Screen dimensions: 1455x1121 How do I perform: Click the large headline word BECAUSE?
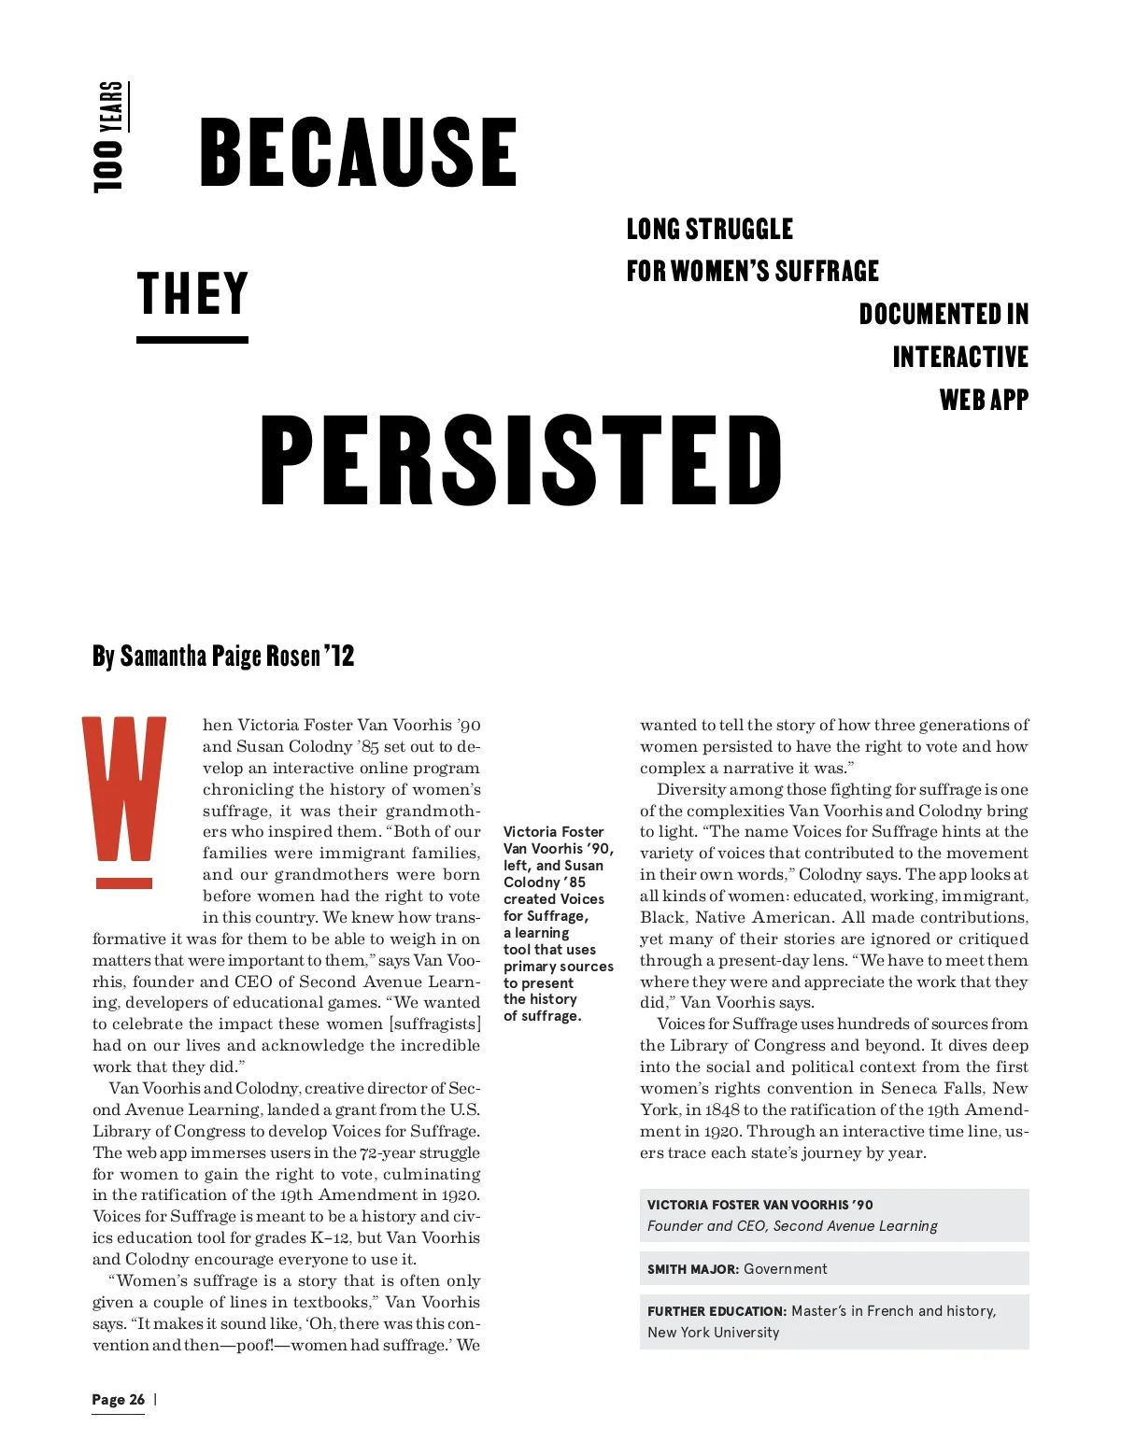click(x=358, y=151)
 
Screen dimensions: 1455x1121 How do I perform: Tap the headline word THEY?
click(x=192, y=294)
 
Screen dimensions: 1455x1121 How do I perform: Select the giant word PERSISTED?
click(x=521, y=461)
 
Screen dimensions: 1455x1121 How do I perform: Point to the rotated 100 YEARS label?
click(x=110, y=136)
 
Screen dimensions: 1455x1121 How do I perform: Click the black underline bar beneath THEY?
click(x=192, y=340)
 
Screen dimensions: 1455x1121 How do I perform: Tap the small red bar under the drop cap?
click(x=124, y=883)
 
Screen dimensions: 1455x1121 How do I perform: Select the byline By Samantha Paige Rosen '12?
click(x=223, y=657)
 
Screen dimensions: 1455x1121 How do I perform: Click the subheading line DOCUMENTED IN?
click(x=944, y=315)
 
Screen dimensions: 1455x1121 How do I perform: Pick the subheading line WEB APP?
click(x=984, y=401)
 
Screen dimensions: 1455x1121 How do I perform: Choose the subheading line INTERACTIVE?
click(x=960, y=358)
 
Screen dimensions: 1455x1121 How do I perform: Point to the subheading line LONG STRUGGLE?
click(x=709, y=230)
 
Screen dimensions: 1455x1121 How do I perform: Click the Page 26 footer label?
click(x=119, y=1399)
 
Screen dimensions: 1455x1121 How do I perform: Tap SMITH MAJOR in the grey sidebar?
click(x=693, y=1269)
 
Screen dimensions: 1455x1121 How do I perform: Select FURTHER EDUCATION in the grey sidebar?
click(x=717, y=1311)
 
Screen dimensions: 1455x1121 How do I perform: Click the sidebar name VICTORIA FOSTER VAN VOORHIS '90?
click(x=759, y=1205)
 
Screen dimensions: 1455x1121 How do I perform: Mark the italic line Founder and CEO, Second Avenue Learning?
click(x=792, y=1226)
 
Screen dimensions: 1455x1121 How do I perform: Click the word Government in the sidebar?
click(x=785, y=1269)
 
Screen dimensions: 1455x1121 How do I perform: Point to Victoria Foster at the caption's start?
click(x=554, y=831)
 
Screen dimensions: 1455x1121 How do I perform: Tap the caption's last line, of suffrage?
click(x=542, y=1016)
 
